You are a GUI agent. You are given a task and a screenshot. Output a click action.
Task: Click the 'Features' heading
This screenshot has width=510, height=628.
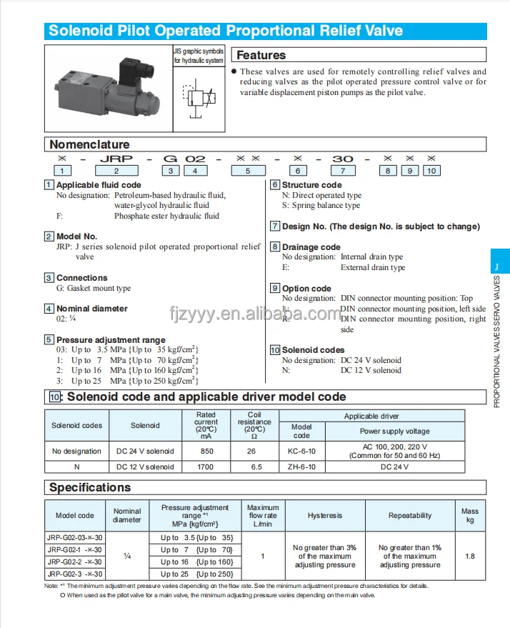click(261, 55)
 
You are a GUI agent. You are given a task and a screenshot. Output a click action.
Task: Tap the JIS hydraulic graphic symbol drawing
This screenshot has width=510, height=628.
click(198, 98)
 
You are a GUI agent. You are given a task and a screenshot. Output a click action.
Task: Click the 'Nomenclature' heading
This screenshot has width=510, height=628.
click(89, 144)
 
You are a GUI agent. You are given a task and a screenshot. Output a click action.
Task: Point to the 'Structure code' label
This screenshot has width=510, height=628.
click(311, 185)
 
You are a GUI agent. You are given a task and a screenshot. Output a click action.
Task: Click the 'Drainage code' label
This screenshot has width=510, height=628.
click(311, 247)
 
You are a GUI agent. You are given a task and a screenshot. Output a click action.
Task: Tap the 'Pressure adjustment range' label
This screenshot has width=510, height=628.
click(111, 340)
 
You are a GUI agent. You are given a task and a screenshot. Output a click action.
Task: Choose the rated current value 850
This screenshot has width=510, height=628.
click(206, 451)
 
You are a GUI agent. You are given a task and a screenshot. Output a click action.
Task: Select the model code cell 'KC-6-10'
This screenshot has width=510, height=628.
click(301, 451)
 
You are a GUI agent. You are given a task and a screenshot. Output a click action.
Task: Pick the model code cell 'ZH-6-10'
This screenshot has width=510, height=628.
click(301, 467)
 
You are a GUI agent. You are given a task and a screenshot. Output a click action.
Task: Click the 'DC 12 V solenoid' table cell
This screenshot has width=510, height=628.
click(145, 467)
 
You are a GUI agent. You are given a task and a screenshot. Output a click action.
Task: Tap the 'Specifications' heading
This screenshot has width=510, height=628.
click(89, 487)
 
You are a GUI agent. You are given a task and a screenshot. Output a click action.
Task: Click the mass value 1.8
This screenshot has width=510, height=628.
click(470, 555)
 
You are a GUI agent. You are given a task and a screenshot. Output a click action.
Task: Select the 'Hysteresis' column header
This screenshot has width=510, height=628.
click(325, 515)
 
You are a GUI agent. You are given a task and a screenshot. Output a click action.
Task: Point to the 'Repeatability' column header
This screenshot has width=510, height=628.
click(410, 515)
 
